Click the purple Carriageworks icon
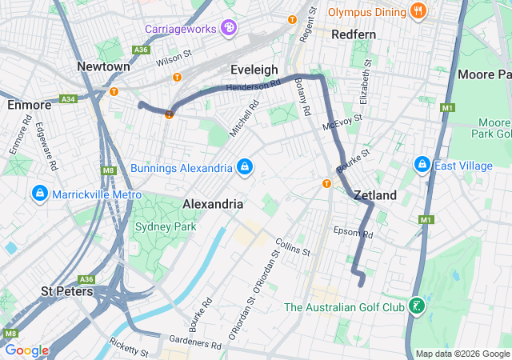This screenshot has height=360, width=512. click(229, 29)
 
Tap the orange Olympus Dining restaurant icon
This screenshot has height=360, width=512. click(417, 11)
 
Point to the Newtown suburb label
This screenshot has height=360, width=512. click(104, 66)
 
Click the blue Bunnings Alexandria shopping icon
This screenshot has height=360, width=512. click(245, 167)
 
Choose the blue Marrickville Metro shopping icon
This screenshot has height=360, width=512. click(38, 194)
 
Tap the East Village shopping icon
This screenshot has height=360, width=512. click(422, 165)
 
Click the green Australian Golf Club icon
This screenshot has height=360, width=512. click(416, 307)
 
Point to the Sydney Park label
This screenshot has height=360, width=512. click(158, 226)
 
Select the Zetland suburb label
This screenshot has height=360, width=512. click(374, 195)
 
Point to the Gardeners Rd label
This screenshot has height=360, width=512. click(195, 344)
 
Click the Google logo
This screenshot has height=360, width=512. click(26, 350)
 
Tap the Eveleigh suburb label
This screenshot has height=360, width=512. click(254, 69)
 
